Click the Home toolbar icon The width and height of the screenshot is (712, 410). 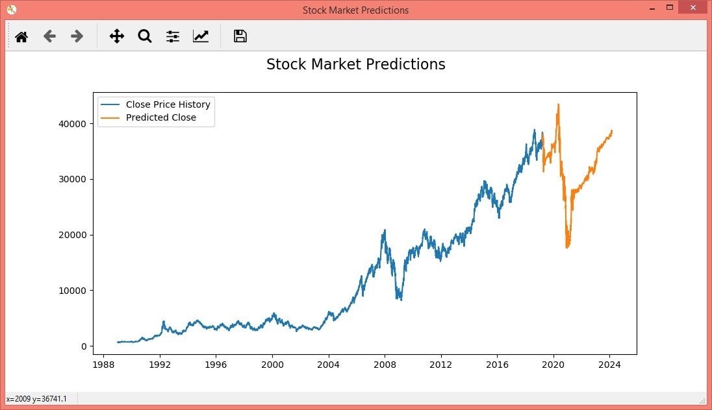[x=21, y=37]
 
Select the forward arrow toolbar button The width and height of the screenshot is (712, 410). [x=77, y=36]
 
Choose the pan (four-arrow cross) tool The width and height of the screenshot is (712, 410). [x=116, y=36]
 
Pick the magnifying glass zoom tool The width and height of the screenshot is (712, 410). [x=144, y=36]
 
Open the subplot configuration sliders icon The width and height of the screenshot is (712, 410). [x=172, y=36]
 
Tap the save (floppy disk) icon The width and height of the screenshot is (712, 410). [x=240, y=36]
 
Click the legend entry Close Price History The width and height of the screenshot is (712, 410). [x=168, y=104]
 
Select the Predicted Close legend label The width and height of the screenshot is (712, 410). [x=160, y=117]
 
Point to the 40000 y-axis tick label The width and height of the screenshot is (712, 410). [x=73, y=124]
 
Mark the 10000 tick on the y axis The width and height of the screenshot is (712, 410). [x=73, y=291]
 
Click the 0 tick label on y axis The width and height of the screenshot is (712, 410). [x=84, y=346]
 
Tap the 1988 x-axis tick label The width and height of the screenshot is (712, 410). [x=104, y=365]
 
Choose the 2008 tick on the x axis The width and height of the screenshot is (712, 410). [x=385, y=365]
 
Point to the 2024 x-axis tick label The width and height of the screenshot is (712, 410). [x=609, y=365]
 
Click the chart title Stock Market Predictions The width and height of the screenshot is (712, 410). [x=355, y=64]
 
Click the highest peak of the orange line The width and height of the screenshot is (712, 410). [x=558, y=104]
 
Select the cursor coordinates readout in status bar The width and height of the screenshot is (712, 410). [x=36, y=398]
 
